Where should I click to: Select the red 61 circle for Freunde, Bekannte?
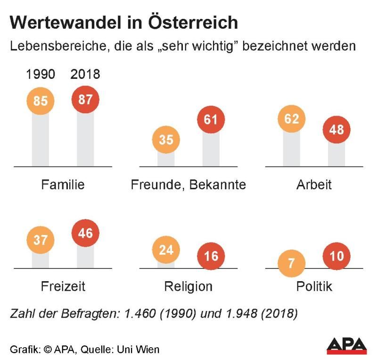click(x=211, y=120)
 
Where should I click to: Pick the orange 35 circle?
click(x=166, y=140)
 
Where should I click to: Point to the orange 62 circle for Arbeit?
click(x=292, y=118)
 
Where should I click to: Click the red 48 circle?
click(x=336, y=129)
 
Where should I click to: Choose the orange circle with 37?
click(x=41, y=240)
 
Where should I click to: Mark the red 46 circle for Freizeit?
click(x=85, y=233)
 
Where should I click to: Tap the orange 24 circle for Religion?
click(x=166, y=249)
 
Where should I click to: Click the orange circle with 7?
click(x=291, y=263)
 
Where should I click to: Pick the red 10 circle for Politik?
click(x=336, y=256)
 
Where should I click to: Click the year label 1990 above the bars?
click(x=41, y=75)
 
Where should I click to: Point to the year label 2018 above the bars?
click(x=86, y=75)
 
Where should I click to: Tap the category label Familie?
click(x=63, y=184)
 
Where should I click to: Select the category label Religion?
click(x=188, y=286)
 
